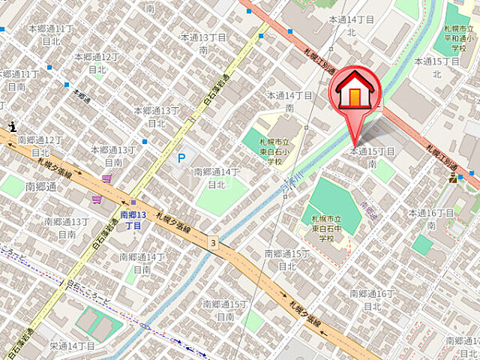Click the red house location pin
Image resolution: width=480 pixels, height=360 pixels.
click(x=355, y=94)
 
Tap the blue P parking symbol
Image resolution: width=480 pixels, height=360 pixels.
click(x=181, y=159)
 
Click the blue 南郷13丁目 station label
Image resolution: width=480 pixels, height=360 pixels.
click(x=133, y=220)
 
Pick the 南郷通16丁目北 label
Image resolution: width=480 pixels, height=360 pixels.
click(x=372, y=299)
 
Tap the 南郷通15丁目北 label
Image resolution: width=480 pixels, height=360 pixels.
click(x=287, y=260)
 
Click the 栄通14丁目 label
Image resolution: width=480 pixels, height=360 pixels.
click(x=72, y=346)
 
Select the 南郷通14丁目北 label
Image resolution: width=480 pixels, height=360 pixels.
click(x=217, y=178)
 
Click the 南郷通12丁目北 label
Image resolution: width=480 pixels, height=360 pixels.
click(x=40, y=145)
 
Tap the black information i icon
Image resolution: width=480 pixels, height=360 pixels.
click(x=11, y=127)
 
